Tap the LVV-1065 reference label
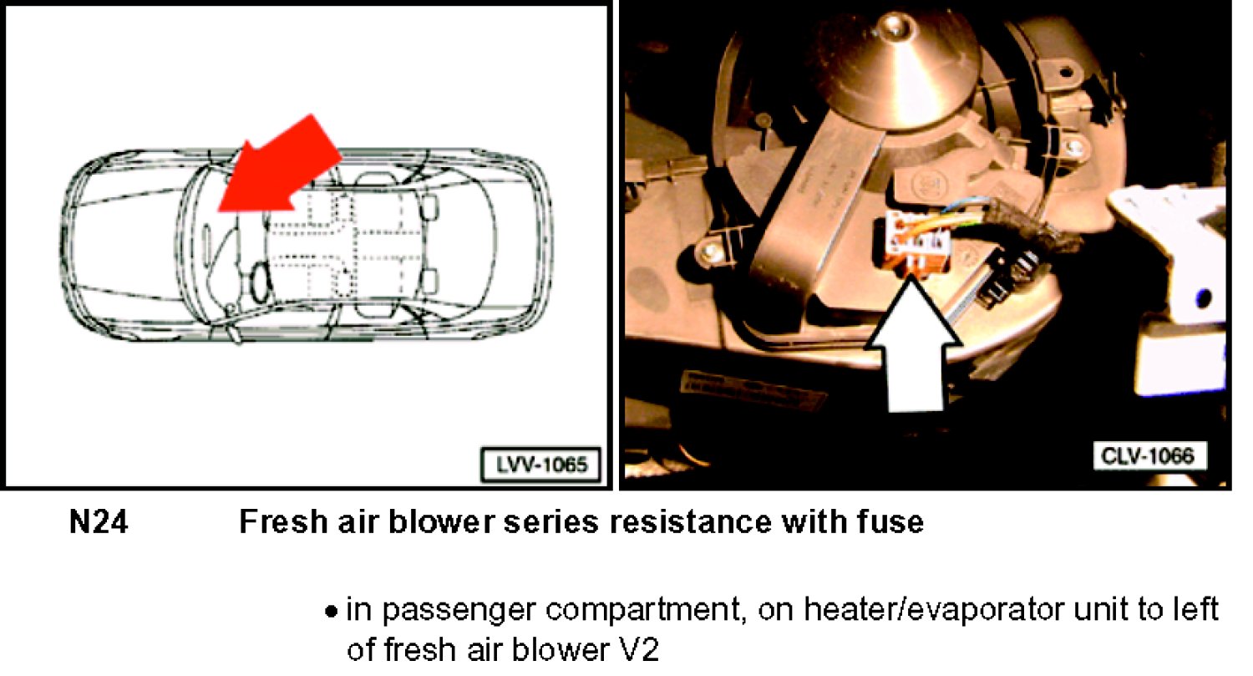(x=541, y=464)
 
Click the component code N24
(x=99, y=522)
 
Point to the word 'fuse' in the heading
(x=890, y=522)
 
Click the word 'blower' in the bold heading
(x=441, y=522)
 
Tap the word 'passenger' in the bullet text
(x=459, y=611)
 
